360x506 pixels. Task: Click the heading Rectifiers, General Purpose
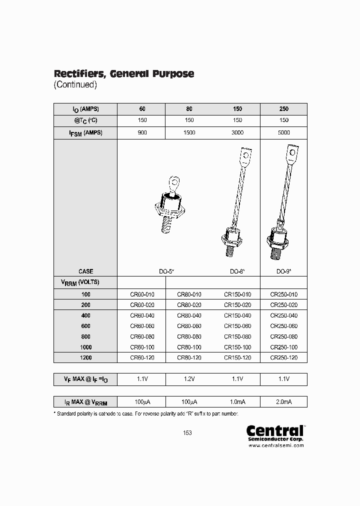123,73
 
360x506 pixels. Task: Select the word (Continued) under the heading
75,84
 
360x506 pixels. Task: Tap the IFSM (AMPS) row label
85,133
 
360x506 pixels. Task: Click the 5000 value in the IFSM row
283,133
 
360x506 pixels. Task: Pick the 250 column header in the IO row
283,109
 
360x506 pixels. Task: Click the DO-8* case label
237,270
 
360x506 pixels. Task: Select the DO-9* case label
283,270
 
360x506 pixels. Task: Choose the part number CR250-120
283,357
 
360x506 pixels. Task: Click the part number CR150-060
237,326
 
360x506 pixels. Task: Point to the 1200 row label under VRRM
85,357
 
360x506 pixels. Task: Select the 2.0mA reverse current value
283,401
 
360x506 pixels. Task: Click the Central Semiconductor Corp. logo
275,433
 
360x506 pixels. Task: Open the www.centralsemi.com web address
276,445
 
